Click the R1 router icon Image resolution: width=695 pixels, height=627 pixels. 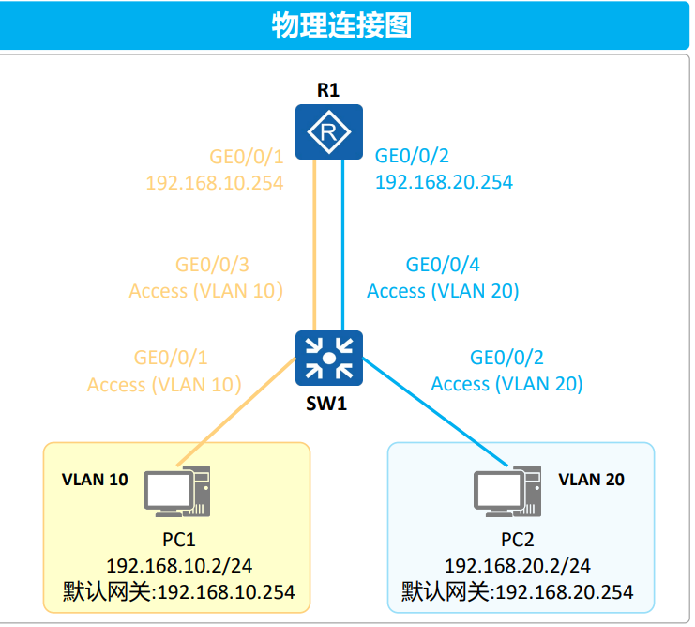[x=328, y=132]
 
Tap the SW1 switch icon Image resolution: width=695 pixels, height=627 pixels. [x=328, y=358]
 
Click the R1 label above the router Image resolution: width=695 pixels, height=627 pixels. [x=327, y=91]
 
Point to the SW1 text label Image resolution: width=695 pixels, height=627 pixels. [x=328, y=405]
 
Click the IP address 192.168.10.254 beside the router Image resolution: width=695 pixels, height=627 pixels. [x=215, y=182]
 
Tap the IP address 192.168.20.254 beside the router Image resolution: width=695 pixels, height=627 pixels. [x=444, y=182]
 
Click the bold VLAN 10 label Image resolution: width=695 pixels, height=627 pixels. [x=95, y=480]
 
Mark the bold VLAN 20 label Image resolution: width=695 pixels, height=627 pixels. [x=591, y=480]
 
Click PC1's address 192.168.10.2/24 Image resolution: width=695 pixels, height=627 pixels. [x=179, y=566]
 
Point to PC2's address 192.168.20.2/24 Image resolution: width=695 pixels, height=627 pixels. [x=517, y=566]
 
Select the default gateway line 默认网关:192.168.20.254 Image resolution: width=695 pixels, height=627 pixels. [x=517, y=592]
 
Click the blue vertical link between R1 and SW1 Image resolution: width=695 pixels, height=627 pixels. [x=342, y=244]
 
